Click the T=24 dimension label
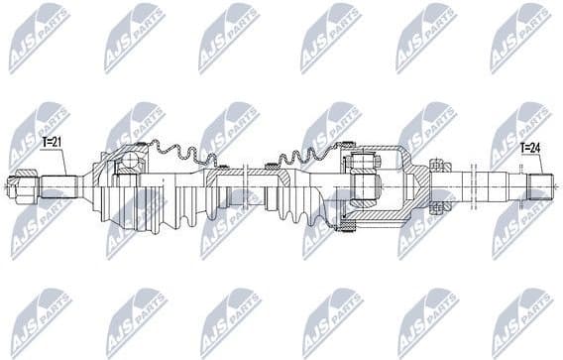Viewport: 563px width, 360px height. [531, 150]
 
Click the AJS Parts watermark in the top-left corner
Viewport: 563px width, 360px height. [40, 35]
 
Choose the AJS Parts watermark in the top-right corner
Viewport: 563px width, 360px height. [519, 35]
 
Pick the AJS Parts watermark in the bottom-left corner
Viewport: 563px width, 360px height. [40, 317]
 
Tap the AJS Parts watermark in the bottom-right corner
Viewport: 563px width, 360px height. [519, 317]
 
